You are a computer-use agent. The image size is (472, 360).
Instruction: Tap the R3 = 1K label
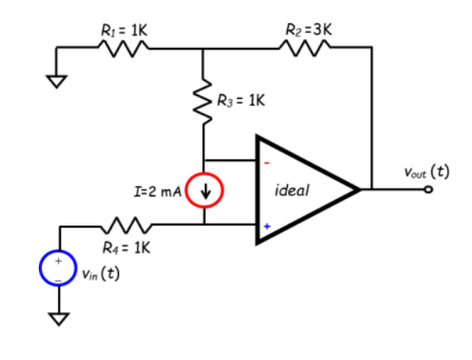(240, 102)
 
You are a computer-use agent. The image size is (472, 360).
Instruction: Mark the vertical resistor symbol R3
(204, 102)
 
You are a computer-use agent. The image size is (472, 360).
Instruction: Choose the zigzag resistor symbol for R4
(123, 224)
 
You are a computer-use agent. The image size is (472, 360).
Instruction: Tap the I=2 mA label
(157, 192)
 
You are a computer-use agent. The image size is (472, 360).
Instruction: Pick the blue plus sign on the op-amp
(267, 224)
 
